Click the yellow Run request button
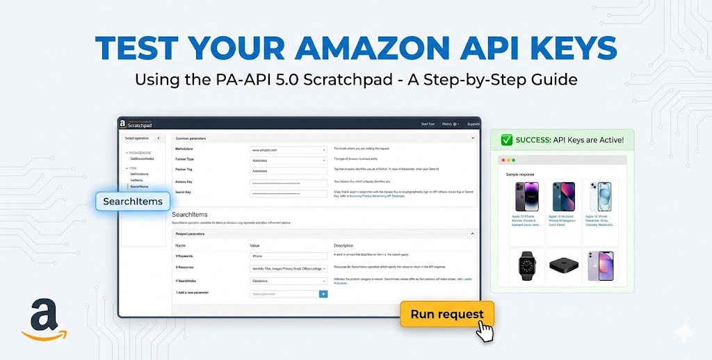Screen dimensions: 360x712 [x=446, y=314]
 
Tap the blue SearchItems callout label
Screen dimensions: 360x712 [x=133, y=202]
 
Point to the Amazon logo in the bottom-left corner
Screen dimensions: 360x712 [x=43, y=321]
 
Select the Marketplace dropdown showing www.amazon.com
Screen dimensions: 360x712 [x=289, y=149]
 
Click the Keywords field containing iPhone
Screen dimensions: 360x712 [x=289, y=256]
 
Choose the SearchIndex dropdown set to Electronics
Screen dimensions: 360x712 [x=289, y=281]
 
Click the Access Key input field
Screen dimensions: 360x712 [x=289, y=183]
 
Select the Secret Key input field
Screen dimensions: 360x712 [x=289, y=193]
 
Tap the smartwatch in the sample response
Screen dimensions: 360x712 [x=526, y=265]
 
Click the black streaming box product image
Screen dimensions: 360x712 [x=563, y=265]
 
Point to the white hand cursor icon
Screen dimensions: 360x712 [x=485, y=330]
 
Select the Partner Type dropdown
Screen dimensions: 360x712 [x=289, y=160]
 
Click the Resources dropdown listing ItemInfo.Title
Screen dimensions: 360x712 [x=289, y=268]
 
